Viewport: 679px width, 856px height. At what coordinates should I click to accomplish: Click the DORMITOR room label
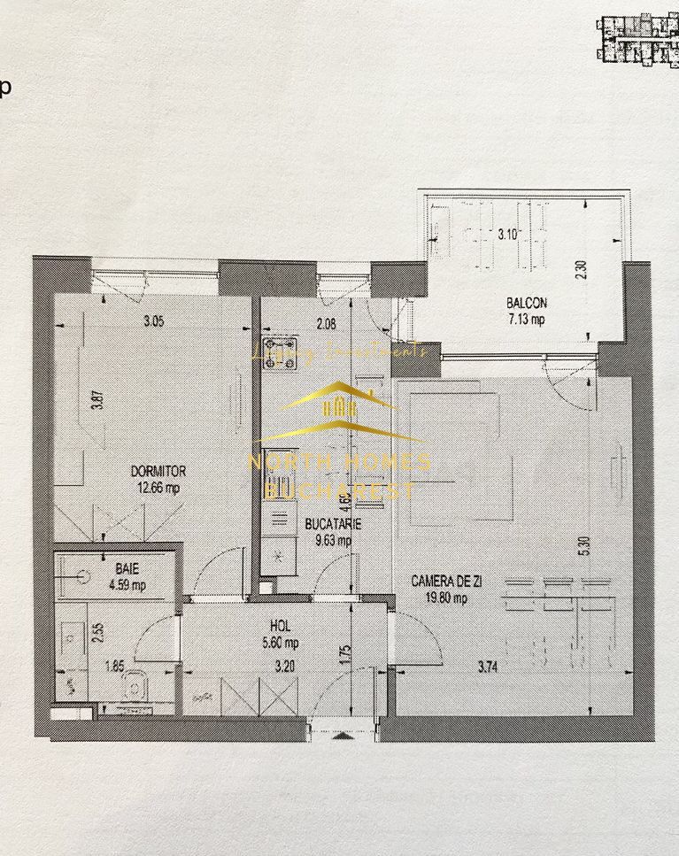point(158,471)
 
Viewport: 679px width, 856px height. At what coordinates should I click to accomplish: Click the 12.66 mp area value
point(158,486)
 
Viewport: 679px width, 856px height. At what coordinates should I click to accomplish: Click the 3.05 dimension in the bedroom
point(153,322)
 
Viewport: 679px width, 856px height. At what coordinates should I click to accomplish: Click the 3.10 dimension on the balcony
point(507,235)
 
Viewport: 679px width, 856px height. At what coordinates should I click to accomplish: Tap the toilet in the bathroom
point(134,684)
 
